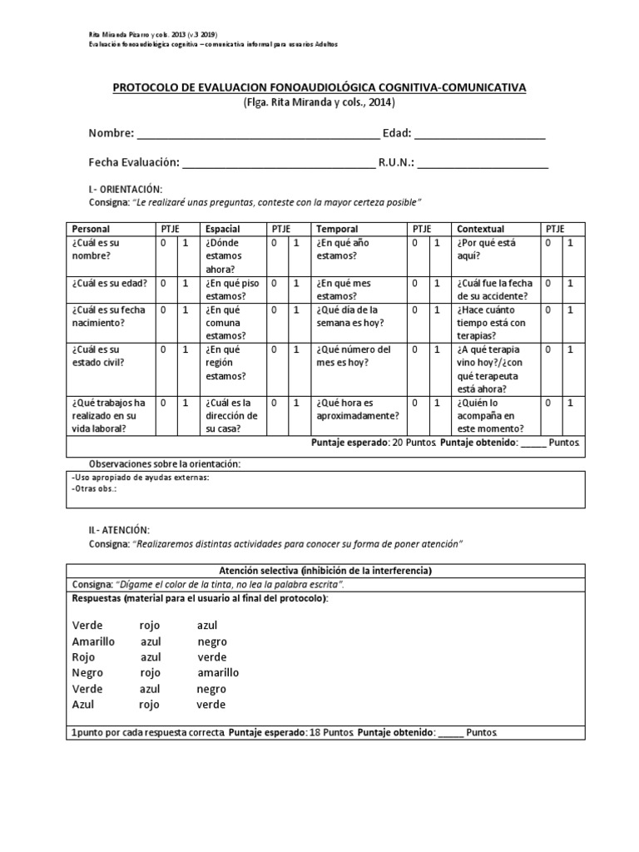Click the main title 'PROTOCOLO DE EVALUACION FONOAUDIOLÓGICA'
point(319,87)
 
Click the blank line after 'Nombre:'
point(258,135)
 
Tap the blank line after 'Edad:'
point(480,135)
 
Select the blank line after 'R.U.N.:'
point(483,164)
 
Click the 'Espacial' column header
point(222,229)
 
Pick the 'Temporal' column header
point(337,229)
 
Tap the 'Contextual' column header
point(481,229)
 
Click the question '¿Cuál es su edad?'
point(110,283)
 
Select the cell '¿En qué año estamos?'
point(343,250)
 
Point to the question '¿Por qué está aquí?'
point(485,250)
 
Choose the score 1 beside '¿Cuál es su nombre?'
point(186,243)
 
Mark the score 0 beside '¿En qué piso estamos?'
point(273,283)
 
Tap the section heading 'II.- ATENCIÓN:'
point(120,530)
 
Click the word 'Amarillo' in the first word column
point(93,641)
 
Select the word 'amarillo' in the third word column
point(218,672)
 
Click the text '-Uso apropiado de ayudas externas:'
point(141,478)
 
